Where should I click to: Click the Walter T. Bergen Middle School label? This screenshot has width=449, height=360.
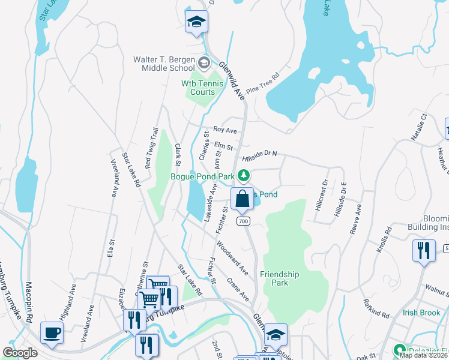164,64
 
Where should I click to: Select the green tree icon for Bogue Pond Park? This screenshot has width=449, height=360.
244,175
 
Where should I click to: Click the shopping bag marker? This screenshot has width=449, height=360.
242,199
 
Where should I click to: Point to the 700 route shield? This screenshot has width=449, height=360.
243,221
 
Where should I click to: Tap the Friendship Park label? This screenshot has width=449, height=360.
279,278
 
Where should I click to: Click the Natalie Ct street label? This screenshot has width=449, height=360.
418,127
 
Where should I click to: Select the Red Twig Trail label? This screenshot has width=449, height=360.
151,147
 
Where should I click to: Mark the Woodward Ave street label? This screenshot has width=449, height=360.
232,258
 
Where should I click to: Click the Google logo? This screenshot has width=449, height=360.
20,352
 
